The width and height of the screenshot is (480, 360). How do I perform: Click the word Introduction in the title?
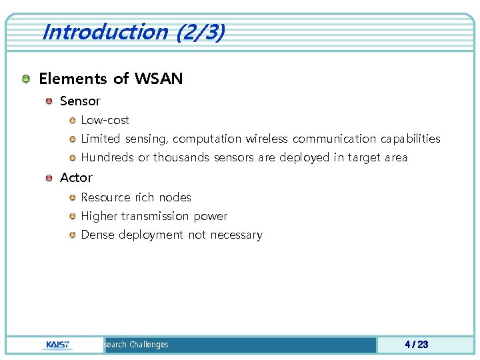click(x=104, y=32)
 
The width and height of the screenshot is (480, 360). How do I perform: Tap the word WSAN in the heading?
click(x=158, y=79)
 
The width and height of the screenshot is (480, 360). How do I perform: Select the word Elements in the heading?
click(x=73, y=79)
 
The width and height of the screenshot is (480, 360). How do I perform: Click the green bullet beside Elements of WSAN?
click(x=25, y=79)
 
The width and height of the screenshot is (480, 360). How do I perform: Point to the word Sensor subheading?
click(x=80, y=101)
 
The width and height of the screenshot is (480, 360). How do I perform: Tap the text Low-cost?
click(x=105, y=120)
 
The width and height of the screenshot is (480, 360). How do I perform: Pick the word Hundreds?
click(x=107, y=157)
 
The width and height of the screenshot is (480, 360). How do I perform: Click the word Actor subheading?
click(x=76, y=177)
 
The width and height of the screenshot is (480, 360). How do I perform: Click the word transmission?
click(x=155, y=216)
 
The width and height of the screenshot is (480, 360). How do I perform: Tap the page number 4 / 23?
click(x=416, y=345)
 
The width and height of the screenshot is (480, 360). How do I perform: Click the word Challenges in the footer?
click(x=149, y=345)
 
